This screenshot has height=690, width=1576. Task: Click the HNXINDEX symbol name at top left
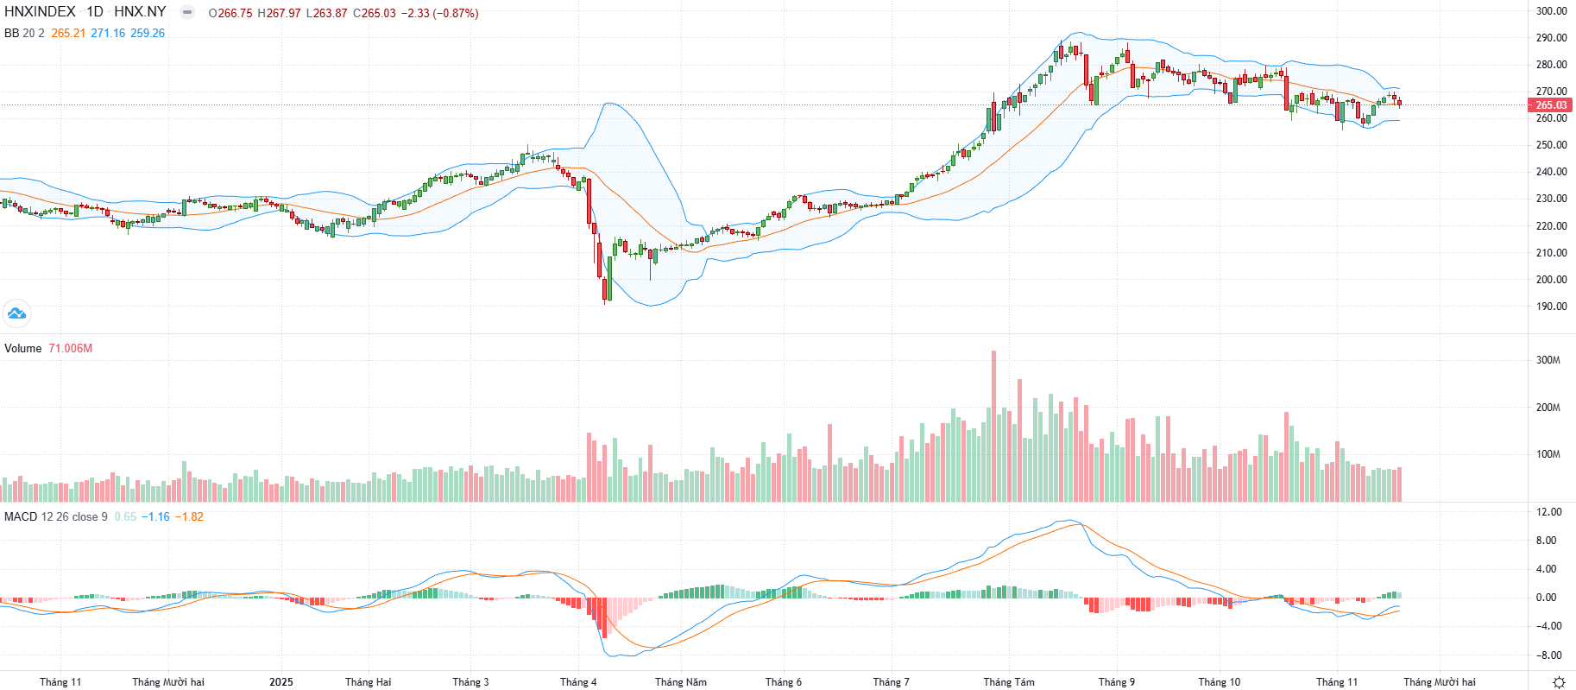click(x=40, y=12)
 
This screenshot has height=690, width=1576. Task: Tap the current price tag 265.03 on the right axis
click(x=1550, y=105)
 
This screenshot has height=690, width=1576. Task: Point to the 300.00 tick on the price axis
click(x=1551, y=11)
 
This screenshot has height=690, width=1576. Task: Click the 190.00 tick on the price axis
click(x=1551, y=307)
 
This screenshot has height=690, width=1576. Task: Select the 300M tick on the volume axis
click(x=1548, y=360)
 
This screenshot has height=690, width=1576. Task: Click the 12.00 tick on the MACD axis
click(x=1549, y=512)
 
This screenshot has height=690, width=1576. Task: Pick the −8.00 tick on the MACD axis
click(x=1548, y=655)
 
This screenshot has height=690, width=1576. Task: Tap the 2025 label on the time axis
click(x=281, y=682)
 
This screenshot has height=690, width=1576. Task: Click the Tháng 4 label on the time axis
click(x=577, y=682)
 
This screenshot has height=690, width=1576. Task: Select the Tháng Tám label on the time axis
click(x=1008, y=682)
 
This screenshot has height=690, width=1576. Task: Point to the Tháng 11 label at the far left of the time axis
click(x=60, y=682)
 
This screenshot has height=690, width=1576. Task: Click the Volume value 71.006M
click(x=70, y=349)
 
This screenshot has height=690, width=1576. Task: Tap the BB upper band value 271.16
click(x=108, y=34)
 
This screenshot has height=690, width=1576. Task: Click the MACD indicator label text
click(x=21, y=517)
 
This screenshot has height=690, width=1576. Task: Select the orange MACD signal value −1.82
click(x=189, y=517)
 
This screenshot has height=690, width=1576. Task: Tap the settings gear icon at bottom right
click(x=1559, y=682)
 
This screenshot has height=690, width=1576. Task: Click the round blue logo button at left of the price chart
click(x=16, y=313)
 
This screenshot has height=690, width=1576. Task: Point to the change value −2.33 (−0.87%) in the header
click(x=439, y=14)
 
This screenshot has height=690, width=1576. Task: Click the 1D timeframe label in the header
click(x=95, y=12)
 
